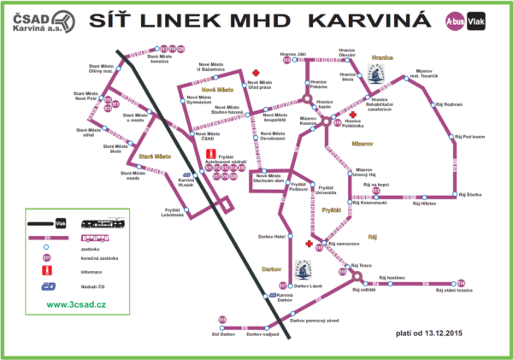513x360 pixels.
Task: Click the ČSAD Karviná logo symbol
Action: pyautogui.click(x=18, y=18)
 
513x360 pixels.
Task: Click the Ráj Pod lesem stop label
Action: pyautogui.click(x=469, y=136)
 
